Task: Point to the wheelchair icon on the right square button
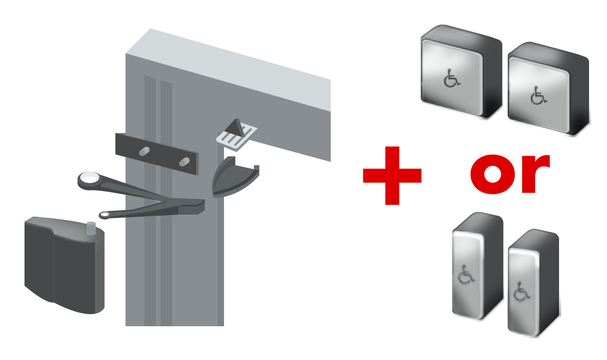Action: tap(538, 97)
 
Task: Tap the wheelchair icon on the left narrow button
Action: tap(466, 274)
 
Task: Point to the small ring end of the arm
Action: tap(105, 215)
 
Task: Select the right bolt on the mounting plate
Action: tap(184, 161)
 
